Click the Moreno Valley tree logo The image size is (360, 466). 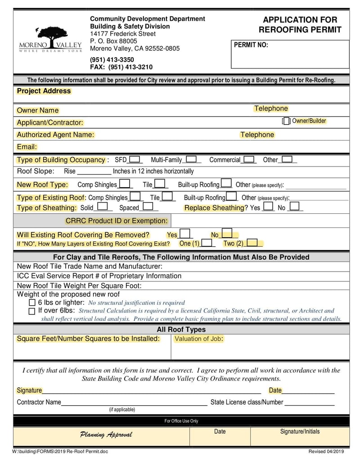point(50,39)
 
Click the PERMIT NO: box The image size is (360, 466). point(290,54)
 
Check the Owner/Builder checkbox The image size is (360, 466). point(286,121)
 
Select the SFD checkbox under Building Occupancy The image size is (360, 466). point(135,159)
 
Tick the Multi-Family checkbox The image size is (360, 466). point(191,159)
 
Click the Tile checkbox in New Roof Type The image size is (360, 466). point(159,184)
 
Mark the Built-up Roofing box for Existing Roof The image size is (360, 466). point(232,197)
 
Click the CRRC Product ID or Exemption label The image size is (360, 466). point(117,221)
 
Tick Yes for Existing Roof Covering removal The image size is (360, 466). point(184,234)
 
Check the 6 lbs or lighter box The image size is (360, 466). point(32,303)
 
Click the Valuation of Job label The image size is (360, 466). point(198,339)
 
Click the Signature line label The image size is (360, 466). point(29,390)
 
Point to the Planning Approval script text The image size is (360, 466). point(106,434)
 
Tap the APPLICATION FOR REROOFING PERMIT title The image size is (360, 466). point(300,25)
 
